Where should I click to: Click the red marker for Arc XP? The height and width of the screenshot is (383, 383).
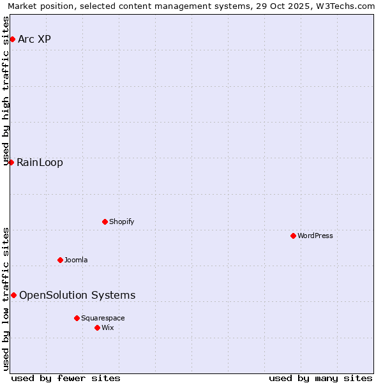12,40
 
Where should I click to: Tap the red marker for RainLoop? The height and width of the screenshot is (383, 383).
11,162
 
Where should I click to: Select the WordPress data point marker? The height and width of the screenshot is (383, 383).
293,236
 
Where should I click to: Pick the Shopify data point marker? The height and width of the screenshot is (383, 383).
105,222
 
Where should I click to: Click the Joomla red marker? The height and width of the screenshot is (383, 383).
60,260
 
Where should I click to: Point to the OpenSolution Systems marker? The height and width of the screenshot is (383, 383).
13,295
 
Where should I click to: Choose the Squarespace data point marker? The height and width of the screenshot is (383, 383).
77,318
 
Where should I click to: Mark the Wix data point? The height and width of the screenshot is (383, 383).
97,327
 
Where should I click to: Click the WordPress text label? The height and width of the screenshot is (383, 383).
315,236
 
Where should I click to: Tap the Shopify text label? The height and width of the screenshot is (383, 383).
122,222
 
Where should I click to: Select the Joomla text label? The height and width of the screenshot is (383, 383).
76,260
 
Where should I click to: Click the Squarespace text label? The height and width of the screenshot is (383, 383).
103,318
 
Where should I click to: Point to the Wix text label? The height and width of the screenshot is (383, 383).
108,327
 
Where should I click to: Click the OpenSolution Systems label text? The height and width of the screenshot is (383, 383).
77,295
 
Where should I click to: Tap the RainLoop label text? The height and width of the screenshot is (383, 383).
40,162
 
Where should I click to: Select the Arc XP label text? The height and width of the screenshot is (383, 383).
34,40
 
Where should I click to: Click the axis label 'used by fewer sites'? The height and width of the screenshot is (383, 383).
66,378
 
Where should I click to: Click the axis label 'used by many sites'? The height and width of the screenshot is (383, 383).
320,378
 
